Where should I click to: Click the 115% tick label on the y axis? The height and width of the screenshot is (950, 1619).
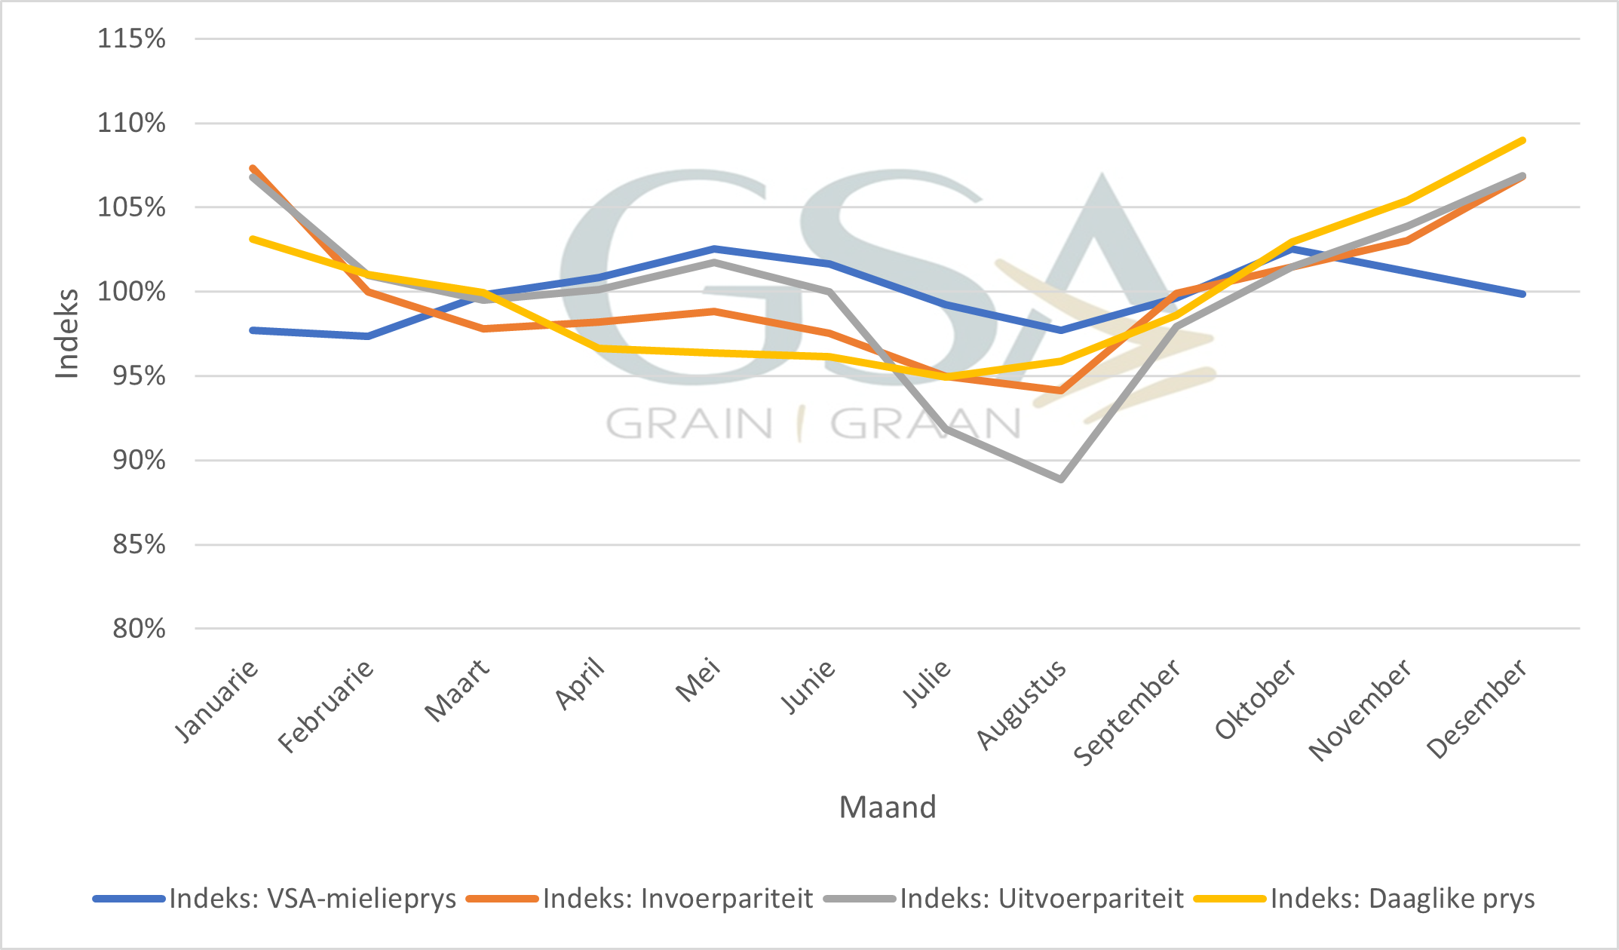pyautogui.click(x=131, y=38)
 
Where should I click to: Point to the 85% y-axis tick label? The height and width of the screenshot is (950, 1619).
pyautogui.click(x=139, y=544)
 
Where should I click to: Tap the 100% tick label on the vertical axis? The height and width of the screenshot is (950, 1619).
pyautogui.click(x=131, y=292)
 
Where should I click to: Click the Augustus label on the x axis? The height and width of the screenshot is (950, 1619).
pyautogui.click(x=1022, y=704)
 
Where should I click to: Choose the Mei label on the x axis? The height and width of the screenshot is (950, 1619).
pyautogui.click(x=698, y=680)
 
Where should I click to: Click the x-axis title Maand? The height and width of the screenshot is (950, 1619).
pyautogui.click(x=888, y=807)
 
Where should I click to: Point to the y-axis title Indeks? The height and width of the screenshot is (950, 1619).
pyautogui.click(x=67, y=334)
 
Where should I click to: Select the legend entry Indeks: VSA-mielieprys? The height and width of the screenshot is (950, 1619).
pyautogui.click(x=312, y=899)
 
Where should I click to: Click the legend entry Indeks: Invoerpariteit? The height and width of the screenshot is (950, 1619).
pyautogui.click(x=677, y=899)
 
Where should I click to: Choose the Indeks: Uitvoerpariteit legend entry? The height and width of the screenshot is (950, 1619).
pyautogui.click(x=1041, y=899)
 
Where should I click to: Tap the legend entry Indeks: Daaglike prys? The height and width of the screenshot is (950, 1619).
pyautogui.click(x=1402, y=899)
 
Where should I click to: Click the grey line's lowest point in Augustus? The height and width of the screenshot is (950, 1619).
pyautogui.click(x=1061, y=480)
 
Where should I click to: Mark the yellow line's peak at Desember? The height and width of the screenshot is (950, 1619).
pyautogui.click(x=1523, y=140)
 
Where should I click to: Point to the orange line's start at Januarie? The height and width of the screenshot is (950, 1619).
pyautogui.click(x=253, y=167)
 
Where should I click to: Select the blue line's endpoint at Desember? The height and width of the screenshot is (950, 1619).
pyautogui.click(x=1523, y=294)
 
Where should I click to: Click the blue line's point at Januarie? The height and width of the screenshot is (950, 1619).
pyautogui.click(x=253, y=330)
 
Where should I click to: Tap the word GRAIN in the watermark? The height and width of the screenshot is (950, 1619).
pyautogui.click(x=689, y=424)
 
